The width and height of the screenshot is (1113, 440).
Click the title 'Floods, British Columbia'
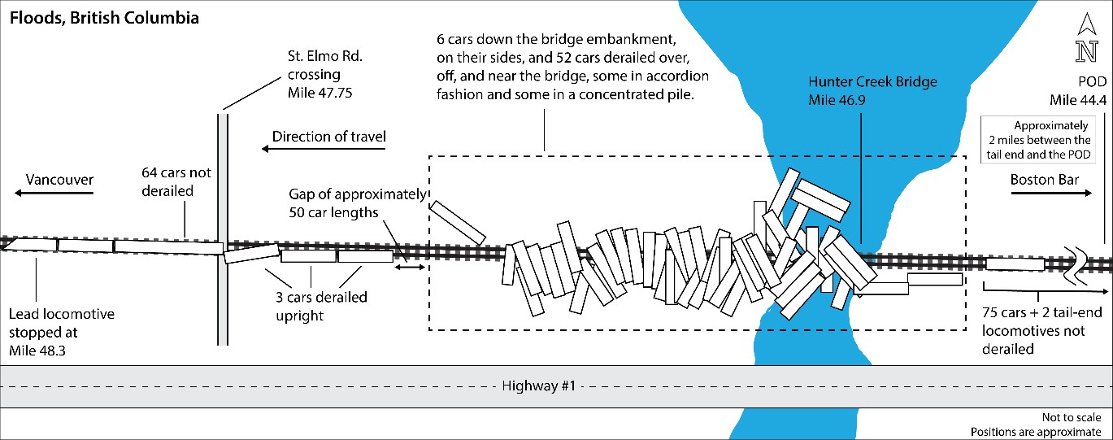point(104,17)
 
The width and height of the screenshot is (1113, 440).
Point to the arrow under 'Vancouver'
point(54,193)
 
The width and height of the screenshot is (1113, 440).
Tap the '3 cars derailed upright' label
point(321,306)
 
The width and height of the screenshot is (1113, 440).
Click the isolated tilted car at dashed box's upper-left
point(458,221)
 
